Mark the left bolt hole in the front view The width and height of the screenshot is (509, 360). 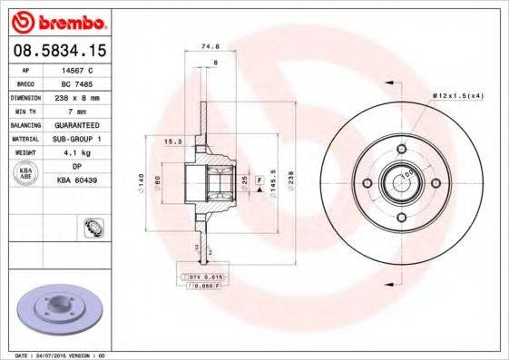[x=367, y=182]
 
